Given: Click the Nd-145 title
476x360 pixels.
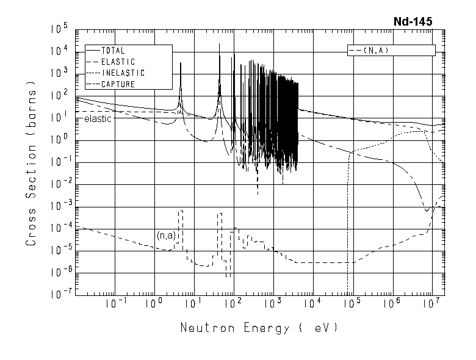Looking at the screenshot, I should pyautogui.click(x=413, y=21).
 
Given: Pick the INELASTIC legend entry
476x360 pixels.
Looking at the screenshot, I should pyautogui.click(x=123, y=73).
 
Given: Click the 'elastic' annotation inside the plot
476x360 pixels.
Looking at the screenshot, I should pyautogui.click(x=98, y=118).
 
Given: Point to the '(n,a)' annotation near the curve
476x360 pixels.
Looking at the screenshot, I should pyautogui.click(x=165, y=235).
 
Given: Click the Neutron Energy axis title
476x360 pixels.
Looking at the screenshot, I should pyautogui.click(x=258, y=328).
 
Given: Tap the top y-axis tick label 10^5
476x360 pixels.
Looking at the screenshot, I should pyautogui.click(x=59, y=29).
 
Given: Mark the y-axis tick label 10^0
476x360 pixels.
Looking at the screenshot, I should pyautogui.click(x=59, y=140).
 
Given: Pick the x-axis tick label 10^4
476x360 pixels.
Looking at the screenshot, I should pyautogui.click(x=311, y=304).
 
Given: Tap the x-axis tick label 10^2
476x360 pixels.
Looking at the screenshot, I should pyautogui.click(x=233, y=304).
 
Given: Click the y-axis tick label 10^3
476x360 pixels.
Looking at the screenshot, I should pyautogui.click(x=59, y=73).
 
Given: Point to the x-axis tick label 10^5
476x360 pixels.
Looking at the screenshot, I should pyautogui.click(x=352, y=304).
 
